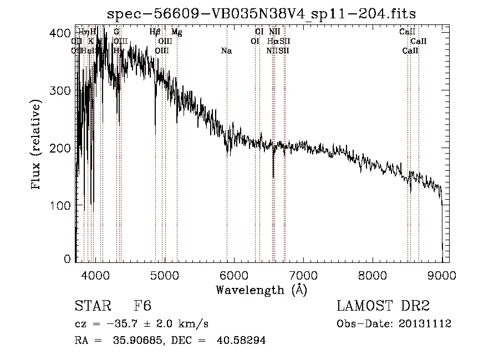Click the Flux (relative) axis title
pyautogui.click(x=37, y=145)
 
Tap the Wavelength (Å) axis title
pyautogui.click(x=261, y=290)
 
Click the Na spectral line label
pyautogui.click(x=226, y=51)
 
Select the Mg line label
pyautogui.click(x=176, y=32)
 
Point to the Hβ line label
pyautogui.click(x=155, y=32)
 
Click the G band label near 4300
pyautogui.click(x=116, y=32)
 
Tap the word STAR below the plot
pyautogui.click(x=91, y=306)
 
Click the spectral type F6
pyautogui.click(x=142, y=306)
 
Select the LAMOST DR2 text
pyautogui.click(x=383, y=306)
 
